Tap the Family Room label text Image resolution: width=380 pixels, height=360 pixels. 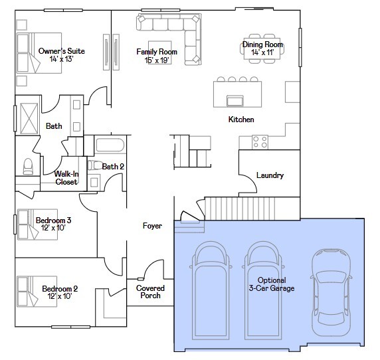[157, 56]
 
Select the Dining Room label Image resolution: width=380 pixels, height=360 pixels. [262, 48]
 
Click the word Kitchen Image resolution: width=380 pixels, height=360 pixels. [241, 120]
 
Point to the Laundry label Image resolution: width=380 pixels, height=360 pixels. [270, 175]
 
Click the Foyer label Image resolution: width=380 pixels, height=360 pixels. [152, 226]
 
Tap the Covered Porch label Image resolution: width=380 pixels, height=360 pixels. [150, 292]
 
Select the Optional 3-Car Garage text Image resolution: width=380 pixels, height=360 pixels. [271, 284]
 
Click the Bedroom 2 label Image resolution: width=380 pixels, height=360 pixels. [60, 292]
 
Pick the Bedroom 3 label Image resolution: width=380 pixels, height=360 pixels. [53, 224]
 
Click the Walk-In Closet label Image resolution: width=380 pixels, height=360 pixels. [66, 177]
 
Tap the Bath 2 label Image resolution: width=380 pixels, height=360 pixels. [113, 166]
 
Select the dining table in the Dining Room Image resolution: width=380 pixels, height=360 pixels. [262, 48]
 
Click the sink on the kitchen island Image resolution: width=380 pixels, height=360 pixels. [235, 100]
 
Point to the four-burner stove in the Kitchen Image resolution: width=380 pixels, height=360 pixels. [260, 141]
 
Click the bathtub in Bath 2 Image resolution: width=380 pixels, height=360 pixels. [109, 145]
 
